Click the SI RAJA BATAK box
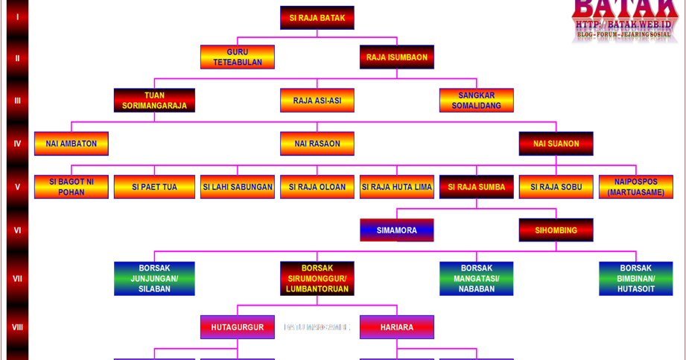coord(317,18)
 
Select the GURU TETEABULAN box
coord(237,57)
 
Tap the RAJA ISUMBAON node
coord(396,57)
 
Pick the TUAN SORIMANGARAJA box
coord(154,101)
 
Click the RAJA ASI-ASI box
coord(317,101)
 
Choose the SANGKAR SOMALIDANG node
coord(476,101)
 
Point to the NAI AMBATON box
coord(71,144)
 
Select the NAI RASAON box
coord(317,144)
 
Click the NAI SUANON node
coord(556,144)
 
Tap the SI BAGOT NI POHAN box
coord(71,187)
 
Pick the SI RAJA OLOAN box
coord(317,187)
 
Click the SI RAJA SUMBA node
coord(476,187)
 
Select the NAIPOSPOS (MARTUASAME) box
coord(635,187)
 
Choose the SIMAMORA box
coord(396,230)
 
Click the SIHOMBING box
coord(556,230)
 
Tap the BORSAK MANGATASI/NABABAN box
coord(476,278)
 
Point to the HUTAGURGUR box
coord(237,327)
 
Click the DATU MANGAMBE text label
coord(317,327)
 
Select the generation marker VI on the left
coord(17,230)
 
